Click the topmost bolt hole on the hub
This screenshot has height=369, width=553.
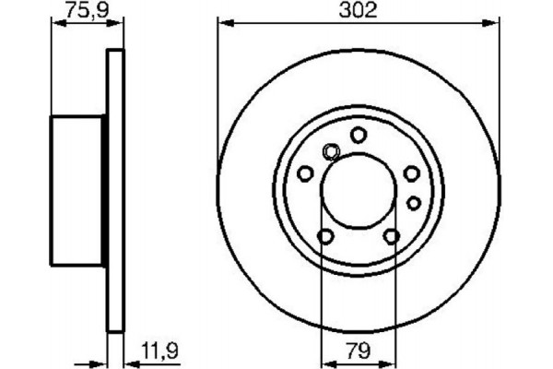pyautogui.click(x=358, y=135)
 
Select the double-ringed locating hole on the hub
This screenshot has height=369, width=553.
pyautogui.click(x=331, y=153)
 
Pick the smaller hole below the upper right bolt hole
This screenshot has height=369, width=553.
pyautogui.click(x=414, y=201)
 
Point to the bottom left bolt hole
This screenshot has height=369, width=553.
pyautogui.click(x=324, y=237)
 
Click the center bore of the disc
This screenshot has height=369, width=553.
pyautogui.click(x=358, y=191)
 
